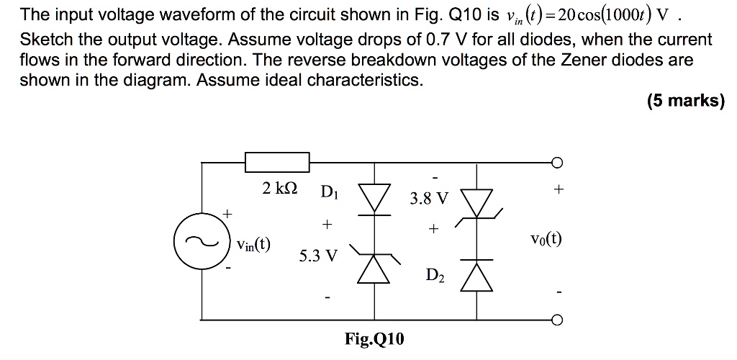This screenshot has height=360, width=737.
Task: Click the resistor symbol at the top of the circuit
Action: [x=278, y=162]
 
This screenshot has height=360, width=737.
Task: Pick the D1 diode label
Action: [x=330, y=192]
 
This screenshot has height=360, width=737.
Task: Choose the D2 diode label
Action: [x=435, y=274]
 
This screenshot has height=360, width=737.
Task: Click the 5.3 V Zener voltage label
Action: [x=317, y=256]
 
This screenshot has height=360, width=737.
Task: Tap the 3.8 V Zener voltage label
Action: [x=428, y=197]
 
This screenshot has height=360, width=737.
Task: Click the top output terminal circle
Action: [x=556, y=162]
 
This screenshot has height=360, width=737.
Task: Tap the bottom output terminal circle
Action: [x=556, y=320]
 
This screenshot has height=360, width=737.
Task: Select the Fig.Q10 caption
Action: [x=374, y=338]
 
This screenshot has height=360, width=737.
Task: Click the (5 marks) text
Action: [x=685, y=101]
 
